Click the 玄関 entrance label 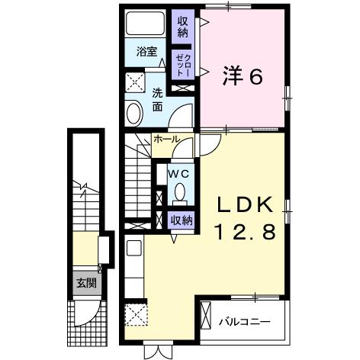(x=85, y=282)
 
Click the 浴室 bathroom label (x=146, y=52)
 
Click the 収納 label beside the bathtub (x=183, y=26)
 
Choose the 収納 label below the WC (x=181, y=220)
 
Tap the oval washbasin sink (x=133, y=114)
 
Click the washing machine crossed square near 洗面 (x=135, y=82)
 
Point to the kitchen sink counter (x=133, y=263)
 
